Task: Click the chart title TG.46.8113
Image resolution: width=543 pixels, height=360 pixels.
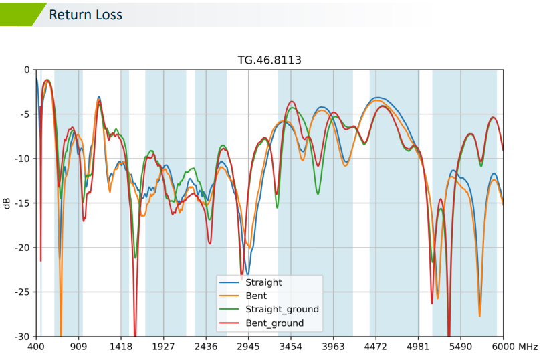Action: pyautogui.click(x=269, y=60)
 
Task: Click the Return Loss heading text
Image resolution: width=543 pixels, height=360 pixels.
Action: pyautogui.click(x=86, y=15)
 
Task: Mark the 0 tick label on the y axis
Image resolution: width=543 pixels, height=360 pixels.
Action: pyautogui.click(x=27, y=70)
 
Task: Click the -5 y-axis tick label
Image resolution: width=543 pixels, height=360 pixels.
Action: pyautogui.click(x=25, y=114)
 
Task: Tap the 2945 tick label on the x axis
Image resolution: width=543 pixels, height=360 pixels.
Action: pyautogui.click(x=248, y=347)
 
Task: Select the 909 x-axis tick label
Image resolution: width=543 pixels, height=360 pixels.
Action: pyautogui.click(x=79, y=347)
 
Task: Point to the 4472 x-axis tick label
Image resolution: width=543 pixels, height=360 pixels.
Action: pyautogui.click(x=376, y=347)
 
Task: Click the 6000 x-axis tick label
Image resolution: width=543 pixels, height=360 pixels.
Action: pyautogui.click(x=503, y=347)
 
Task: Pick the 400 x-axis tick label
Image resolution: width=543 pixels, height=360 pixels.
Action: pyautogui.click(x=36, y=347)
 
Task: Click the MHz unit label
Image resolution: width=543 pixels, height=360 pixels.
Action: pyautogui.click(x=528, y=347)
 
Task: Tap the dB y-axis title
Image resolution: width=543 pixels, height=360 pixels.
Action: pyautogui.click(x=7, y=203)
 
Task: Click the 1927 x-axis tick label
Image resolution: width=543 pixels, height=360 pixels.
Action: pyautogui.click(x=163, y=347)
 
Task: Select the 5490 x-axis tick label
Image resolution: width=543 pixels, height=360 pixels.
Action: pyautogui.click(x=461, y=347)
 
